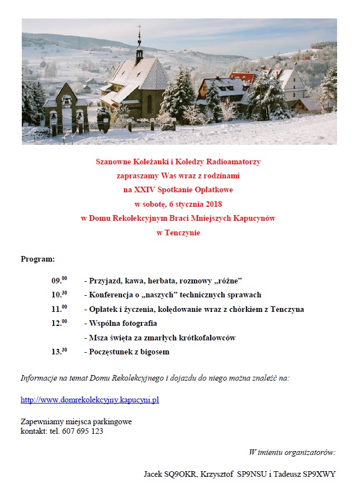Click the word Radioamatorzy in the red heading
pyautogui.click(x=233, y=162)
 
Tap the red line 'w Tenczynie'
pyautogui.click(x=178, y=233)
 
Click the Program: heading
pyautogui.click(x=38, y=259)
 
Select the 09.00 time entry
pyautogui.click(x=59, y=280)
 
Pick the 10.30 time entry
pyautogui.click(x=59, y=295)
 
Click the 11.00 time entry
pyautogui.click(x=59, y=309)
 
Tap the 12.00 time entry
pyautogui.click(x=59, y=323)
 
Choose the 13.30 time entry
pyautogui.click(x=59, y=352)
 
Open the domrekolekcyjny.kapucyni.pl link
pyautogui.click(x=89, y=400)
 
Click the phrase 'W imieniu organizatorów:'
pyautogui.click(x=291, y=452)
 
